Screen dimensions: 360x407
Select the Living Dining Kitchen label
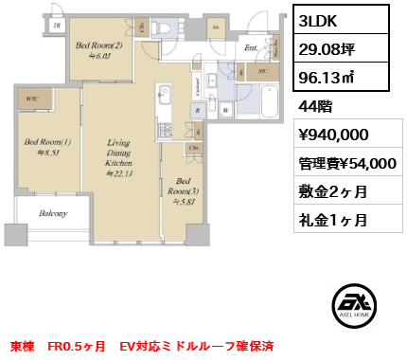123,155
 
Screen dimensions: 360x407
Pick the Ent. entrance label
250,46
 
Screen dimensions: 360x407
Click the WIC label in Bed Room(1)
32,99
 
